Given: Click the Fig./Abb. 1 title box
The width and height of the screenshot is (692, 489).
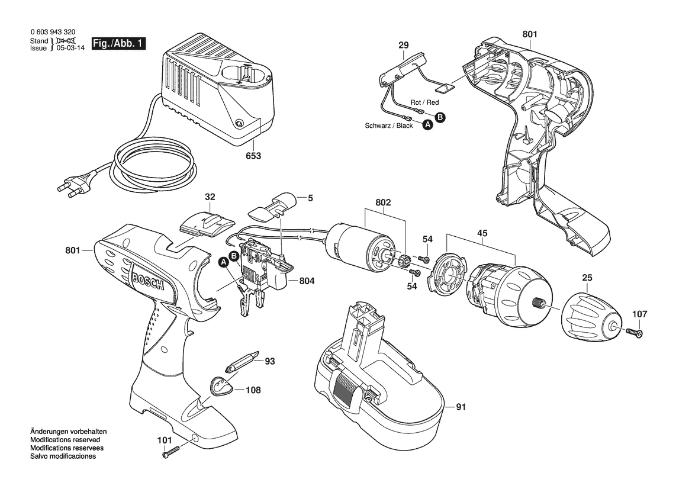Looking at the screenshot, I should click(x=118, y=44).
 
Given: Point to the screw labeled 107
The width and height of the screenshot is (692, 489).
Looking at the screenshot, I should click(x=633, y=333).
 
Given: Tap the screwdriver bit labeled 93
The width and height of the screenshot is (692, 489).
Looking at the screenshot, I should click(x=242, y=362).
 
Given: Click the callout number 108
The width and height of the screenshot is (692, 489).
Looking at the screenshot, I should click(x=253, y=390).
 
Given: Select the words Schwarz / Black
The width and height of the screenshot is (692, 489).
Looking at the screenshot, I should click(x=389, y=126).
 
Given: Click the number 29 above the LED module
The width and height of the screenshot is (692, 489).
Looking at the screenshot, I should click(x=403, y=45).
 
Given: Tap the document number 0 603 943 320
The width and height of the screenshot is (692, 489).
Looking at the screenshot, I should click(x=52, y=33).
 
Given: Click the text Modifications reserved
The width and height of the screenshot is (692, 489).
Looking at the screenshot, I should click(x=65, y=440).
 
